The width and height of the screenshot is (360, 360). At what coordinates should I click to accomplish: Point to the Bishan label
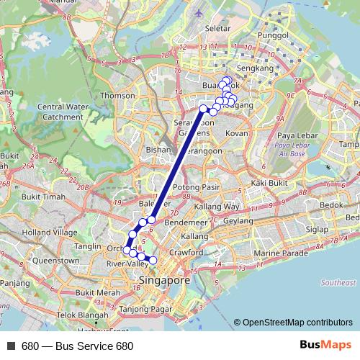(158, 150)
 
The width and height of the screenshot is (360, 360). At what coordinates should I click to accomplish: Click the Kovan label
(237, 134)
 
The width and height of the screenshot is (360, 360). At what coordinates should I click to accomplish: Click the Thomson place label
(118, 95)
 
